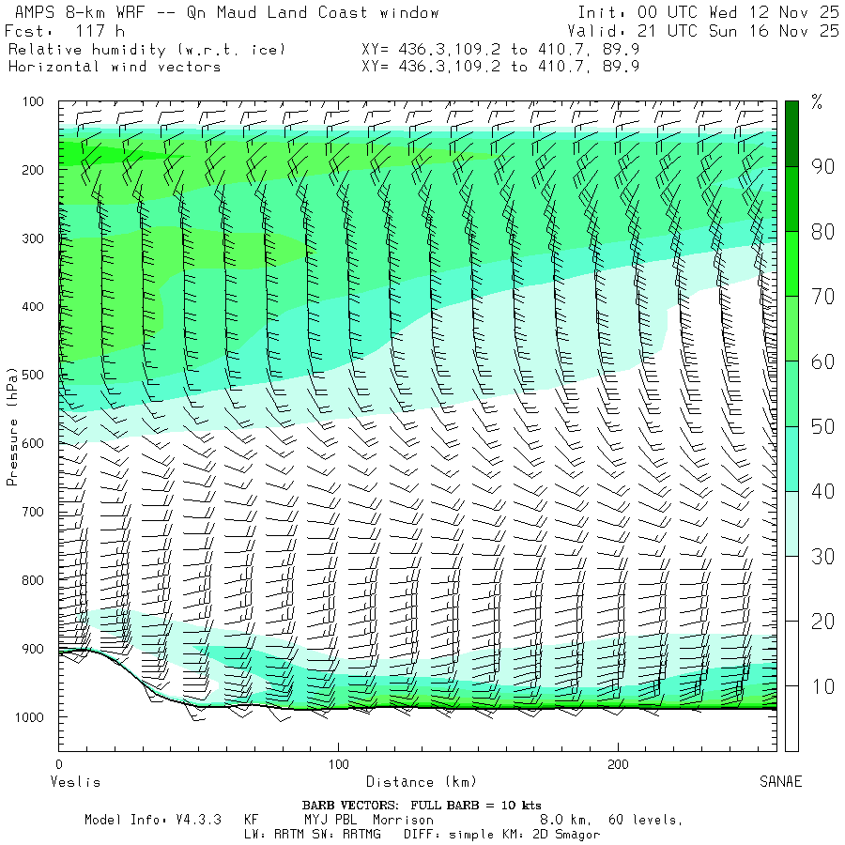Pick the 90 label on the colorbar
823,167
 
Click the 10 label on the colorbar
823,687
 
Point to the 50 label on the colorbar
823,427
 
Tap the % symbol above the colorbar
816,103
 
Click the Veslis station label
74,781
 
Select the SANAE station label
780,781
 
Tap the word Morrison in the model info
403,820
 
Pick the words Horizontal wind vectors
114,67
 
